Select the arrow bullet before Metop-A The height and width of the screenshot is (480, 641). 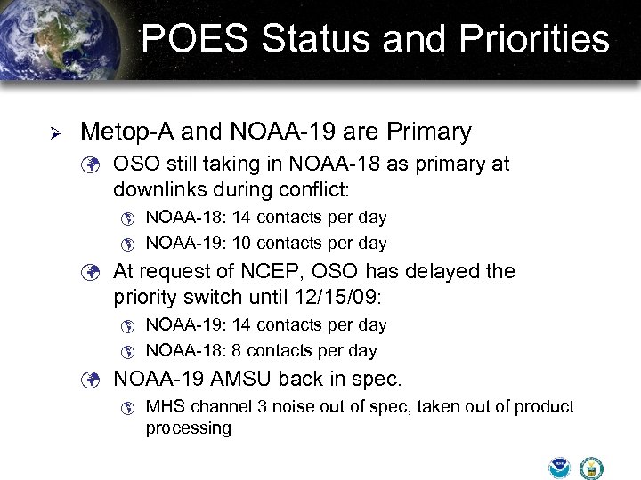click(x=53, y=133)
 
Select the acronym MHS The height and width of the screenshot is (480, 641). click(x=163, y=407)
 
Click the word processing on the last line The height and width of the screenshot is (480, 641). click(x=188, y=428)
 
